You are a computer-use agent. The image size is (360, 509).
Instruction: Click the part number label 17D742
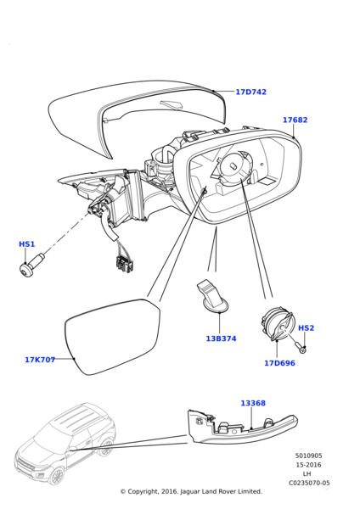(250, 92)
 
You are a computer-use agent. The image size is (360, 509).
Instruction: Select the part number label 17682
(295, 120)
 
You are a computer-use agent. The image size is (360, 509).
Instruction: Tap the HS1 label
(27, 244)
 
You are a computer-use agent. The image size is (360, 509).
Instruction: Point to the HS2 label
(306, 327)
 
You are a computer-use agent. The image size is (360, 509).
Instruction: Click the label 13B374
(221, 338)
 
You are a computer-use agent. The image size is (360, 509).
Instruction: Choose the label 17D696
(279, 363)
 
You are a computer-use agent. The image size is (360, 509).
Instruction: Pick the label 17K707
(40, 360)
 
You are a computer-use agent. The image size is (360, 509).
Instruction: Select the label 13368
(252, 404)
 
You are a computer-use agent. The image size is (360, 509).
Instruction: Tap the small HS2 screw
(301, 348)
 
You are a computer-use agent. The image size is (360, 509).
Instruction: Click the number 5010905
(308, 456)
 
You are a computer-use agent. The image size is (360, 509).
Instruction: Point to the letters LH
(307, 473)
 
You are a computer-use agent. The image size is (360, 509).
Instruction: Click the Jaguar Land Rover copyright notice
(190, 491)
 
